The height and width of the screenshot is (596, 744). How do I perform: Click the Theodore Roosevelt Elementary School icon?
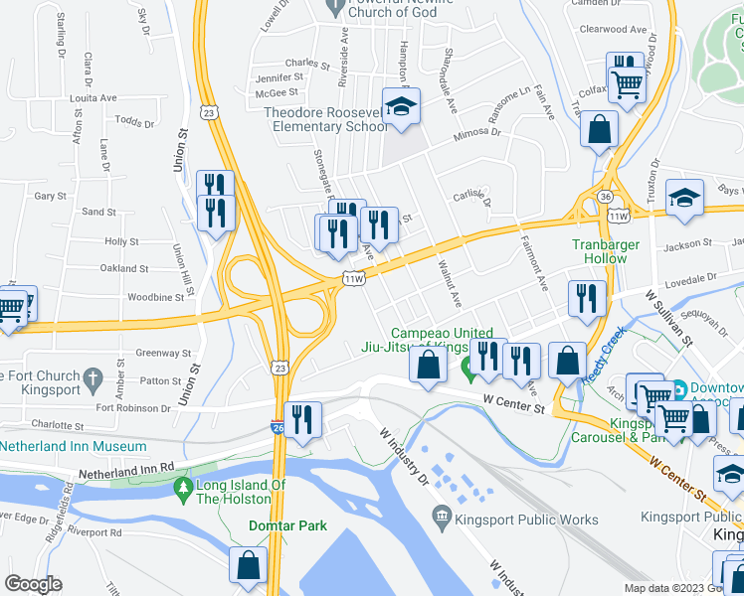(x=400, y=109)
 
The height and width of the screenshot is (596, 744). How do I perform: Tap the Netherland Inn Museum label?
(x=60, y=447)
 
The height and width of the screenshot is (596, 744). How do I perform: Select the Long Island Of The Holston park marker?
(x=182, y=487)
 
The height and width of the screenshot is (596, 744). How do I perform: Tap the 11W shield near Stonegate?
(x=354, y=278)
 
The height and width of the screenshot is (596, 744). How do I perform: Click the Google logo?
(x=33, y=584)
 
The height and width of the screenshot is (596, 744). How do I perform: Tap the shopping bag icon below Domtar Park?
(x=248, y=565)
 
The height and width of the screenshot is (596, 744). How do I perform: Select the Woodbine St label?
(x=151, y=297)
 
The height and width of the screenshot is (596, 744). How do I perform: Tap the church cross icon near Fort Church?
(x=93, y=377)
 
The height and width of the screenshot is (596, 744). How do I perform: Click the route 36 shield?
(x=606, y=198)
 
